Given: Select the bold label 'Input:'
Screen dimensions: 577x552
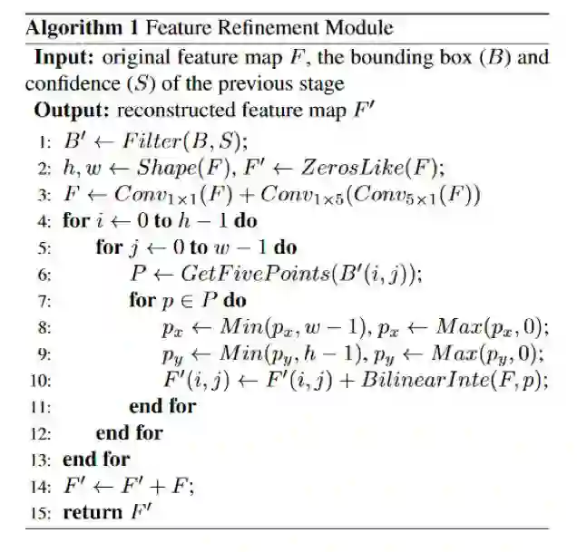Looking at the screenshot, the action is point(66,58).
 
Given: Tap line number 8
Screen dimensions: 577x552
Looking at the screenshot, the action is point(44,326).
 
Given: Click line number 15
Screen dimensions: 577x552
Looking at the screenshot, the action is point(42,513).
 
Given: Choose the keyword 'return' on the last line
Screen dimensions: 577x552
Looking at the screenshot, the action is point(93,513).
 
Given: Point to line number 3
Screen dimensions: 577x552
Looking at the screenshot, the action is point(44,194).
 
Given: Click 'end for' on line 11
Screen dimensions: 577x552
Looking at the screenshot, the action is point(162,406).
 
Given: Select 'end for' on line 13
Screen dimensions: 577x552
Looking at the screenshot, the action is point(96,459).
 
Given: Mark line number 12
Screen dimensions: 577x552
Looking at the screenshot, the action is point(42,433).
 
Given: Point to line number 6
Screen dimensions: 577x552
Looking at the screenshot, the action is point(44,273).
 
